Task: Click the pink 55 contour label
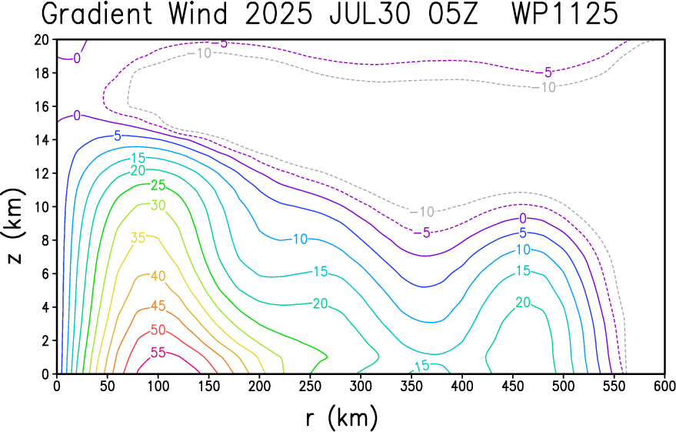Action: [158, 353]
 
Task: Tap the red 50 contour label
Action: [158, 330]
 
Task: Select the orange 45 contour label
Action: [158, 306]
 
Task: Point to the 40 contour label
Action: [158, 276]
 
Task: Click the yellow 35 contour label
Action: [138, 238]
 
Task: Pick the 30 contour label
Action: [158, 205]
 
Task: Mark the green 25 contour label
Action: [158, 185]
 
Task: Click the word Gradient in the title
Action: [97, 14]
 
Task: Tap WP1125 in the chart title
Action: [565, 14]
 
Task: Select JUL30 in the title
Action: [369, 14]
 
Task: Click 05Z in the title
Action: [453, 14]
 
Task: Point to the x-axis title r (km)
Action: [341, 417]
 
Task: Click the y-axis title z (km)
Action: [15, 226]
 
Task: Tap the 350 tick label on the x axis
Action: [411, 385]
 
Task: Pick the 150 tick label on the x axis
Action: [208, 385]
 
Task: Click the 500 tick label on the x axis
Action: [564, 385]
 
